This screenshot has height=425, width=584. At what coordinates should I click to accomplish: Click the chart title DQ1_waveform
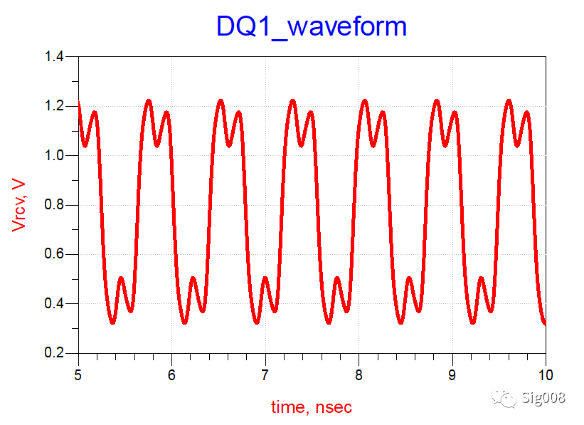312,26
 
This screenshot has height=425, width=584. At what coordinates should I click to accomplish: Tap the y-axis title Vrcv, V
19,205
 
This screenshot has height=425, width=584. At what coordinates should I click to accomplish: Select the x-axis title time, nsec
311,407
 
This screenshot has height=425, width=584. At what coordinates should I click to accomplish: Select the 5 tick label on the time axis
78,374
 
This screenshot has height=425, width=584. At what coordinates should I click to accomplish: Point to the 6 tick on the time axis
171,374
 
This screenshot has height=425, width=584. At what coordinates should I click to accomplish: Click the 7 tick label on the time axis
265,374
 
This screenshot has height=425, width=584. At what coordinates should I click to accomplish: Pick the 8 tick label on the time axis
359,374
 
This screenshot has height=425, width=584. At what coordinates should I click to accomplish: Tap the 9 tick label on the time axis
452,374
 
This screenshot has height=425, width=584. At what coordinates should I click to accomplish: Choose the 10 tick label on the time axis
545,374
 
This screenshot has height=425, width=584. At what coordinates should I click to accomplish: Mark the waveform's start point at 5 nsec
79,104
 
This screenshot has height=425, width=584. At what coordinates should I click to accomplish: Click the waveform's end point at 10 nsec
545,324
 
